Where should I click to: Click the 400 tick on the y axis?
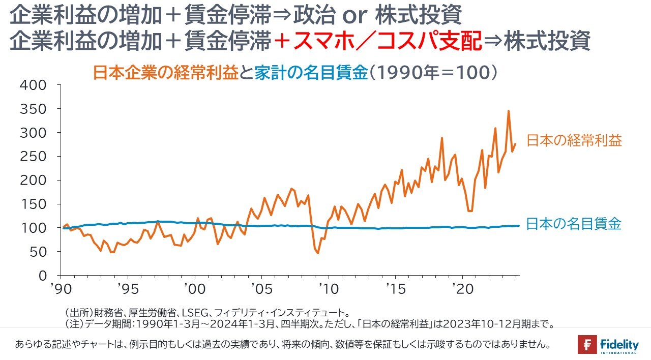click(x=34, y=85)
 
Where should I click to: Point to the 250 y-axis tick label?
click(x=34, y=157)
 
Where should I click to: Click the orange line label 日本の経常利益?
click(x=574, y=140)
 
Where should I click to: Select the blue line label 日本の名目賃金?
click(x=574, y=224)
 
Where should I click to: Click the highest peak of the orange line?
click(x=509, y=111)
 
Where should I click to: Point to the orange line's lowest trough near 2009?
click(x=318, y=253)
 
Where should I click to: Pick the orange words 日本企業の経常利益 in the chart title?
click(x=165, y=73)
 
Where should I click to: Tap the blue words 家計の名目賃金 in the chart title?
click(x=310, y=73)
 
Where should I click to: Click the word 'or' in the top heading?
click(x=354, y=16)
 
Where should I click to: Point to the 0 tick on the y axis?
click(x=43, y=276)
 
